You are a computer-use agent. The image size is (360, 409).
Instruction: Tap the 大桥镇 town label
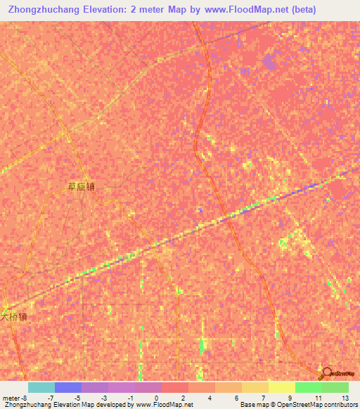[13, 316]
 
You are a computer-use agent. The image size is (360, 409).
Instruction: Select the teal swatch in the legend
[41, 387]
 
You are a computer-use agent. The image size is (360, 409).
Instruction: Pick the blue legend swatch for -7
[68, 387]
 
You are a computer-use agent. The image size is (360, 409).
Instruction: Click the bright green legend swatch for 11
[309, 387]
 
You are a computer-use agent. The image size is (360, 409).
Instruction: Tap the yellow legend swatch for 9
[282, 387]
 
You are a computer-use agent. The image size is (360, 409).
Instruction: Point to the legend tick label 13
[344, 398]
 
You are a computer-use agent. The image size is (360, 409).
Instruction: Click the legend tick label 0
[155, 398]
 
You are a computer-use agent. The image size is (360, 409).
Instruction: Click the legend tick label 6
[236, 398]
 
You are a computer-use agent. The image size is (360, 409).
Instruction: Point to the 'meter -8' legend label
[15, 398]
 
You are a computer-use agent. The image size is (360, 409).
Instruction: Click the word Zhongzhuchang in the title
[41, 10]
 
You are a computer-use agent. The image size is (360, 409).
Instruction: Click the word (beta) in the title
[306, 10]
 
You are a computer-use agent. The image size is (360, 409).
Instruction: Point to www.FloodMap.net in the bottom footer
[163, 405]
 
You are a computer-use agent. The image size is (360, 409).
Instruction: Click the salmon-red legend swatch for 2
[175, 387]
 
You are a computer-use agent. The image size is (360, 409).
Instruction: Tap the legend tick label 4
[209, 398]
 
